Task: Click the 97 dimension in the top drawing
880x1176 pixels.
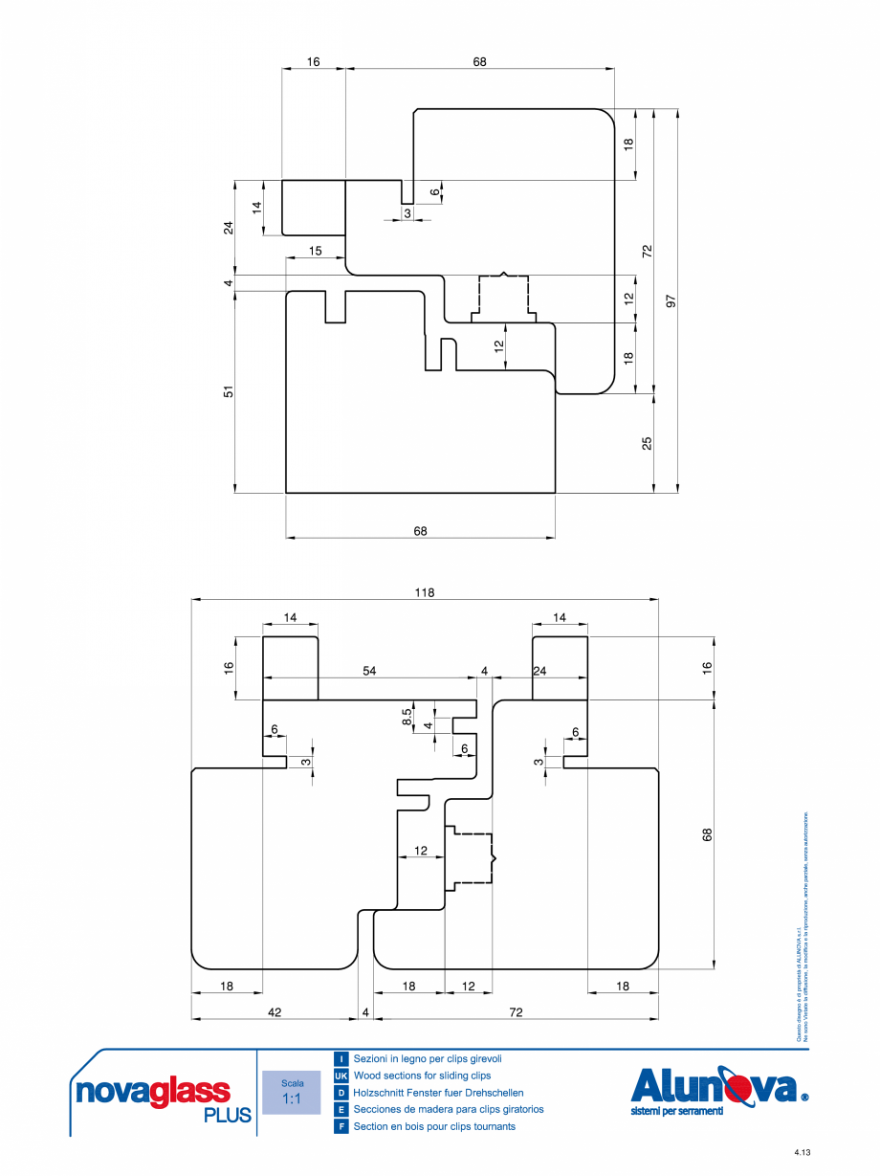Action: [671, 300]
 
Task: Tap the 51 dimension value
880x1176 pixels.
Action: [229, 392]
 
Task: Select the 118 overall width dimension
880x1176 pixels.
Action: [425, 592]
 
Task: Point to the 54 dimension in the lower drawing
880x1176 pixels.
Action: [369, 672]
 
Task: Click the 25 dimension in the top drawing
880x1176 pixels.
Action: [648, 443]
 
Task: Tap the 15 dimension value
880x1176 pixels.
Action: [314, 251]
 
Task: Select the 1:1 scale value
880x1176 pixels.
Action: [291, 1099]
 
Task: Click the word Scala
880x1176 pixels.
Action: [292, 1083]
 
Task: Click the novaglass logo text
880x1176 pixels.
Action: [152, 1092]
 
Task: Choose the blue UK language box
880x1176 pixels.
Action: [341, 1076]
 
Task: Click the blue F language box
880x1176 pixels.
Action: [341, 1126]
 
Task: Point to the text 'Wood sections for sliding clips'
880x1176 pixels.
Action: [422, 1076]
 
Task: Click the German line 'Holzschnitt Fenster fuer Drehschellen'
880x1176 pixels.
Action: [438, 1093]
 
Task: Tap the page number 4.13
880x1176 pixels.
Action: [801, 1152]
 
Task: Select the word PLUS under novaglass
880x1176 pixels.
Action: [228, 1116]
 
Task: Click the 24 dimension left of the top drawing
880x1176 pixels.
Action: [229, 228]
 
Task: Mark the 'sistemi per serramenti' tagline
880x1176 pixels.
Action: [677, 1111]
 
